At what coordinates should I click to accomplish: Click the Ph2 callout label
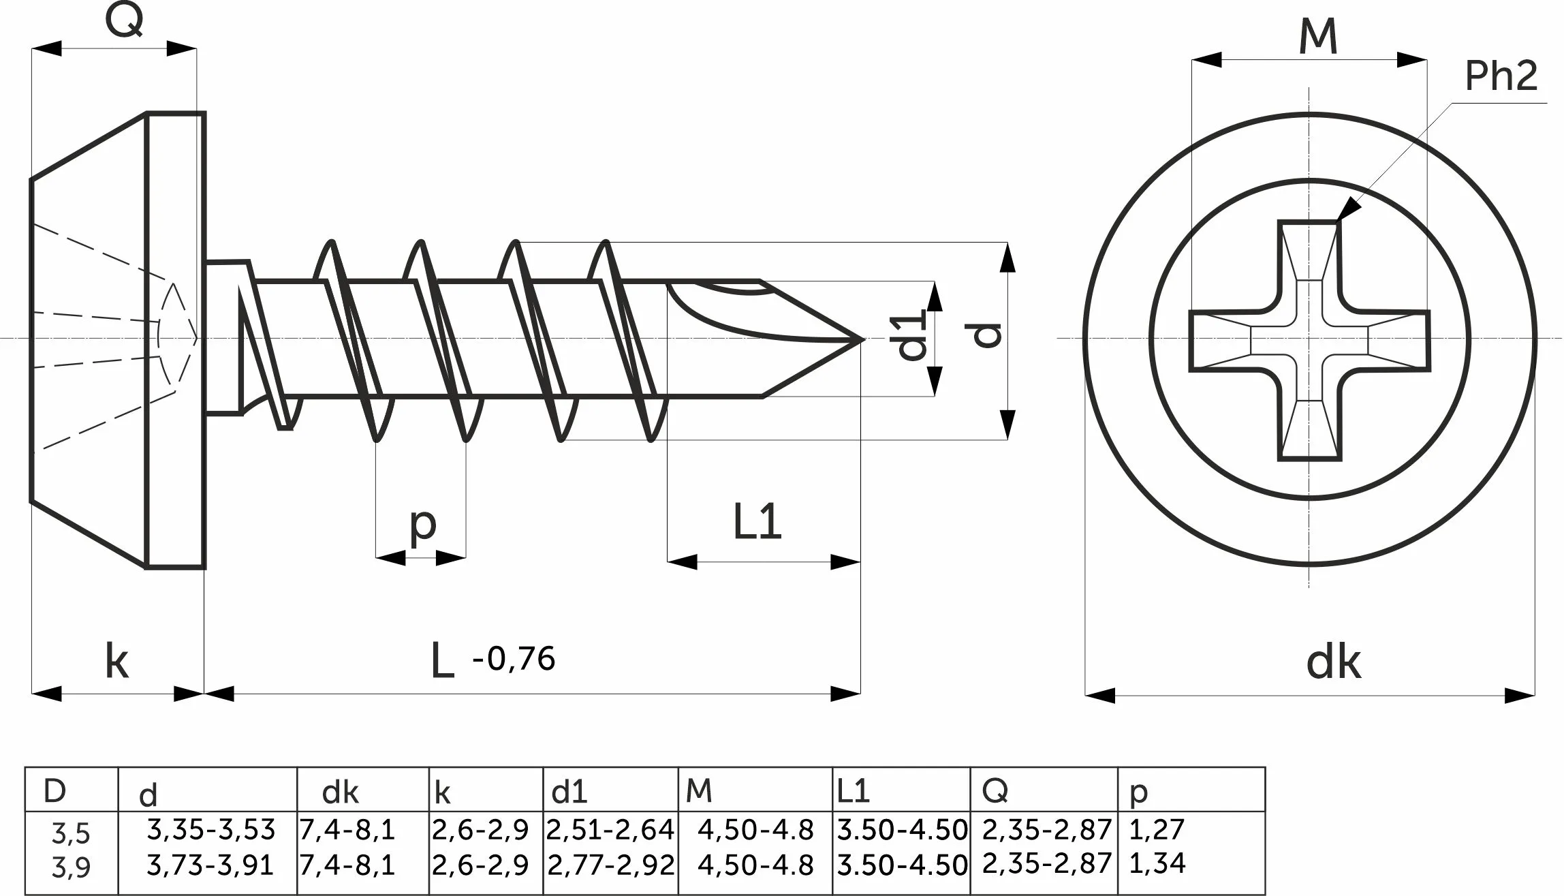point(1501,76)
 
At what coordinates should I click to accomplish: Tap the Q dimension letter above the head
point(124,20)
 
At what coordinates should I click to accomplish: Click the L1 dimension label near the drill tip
point(757,522)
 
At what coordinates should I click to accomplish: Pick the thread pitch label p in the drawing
point(423,525)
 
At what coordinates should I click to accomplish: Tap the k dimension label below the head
point(116,660)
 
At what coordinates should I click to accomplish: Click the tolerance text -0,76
point(514,659)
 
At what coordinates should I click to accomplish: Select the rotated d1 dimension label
point(913,335)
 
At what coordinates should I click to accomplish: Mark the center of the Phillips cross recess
point(1309,339)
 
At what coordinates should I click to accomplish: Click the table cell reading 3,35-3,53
point(210,830)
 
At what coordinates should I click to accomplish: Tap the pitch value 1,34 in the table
point(1157,863)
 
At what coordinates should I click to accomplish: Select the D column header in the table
point(54,790)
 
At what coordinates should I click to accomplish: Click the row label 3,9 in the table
point(71,867)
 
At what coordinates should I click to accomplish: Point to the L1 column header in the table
point(853,791)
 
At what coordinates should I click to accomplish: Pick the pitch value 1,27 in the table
point(1157,829)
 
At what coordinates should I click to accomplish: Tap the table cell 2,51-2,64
point(610,830)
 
